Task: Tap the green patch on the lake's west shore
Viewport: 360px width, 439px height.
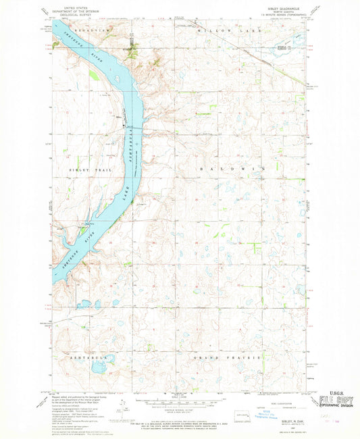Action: coord(93,76)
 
